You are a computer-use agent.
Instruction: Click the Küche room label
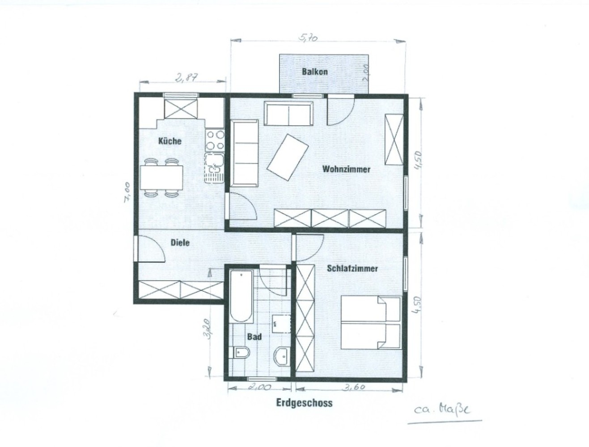click(169, 141)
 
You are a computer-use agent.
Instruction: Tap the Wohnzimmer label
click(346, 169)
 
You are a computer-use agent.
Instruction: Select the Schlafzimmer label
click(352, 268)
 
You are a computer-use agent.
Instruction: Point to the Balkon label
click(315, 72)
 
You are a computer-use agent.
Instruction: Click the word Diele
click(180, 243)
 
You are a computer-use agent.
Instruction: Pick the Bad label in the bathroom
click(254, 337)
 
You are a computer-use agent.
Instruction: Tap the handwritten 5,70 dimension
click(308, 38)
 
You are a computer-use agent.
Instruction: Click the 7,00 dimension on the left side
click(127, 191)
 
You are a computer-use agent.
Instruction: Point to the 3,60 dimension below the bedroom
click(353, 388)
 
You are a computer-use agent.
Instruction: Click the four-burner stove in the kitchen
click(215, 140)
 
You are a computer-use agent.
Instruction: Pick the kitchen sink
click(214, 168)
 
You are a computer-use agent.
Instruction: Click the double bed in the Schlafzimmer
click(371, 322)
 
